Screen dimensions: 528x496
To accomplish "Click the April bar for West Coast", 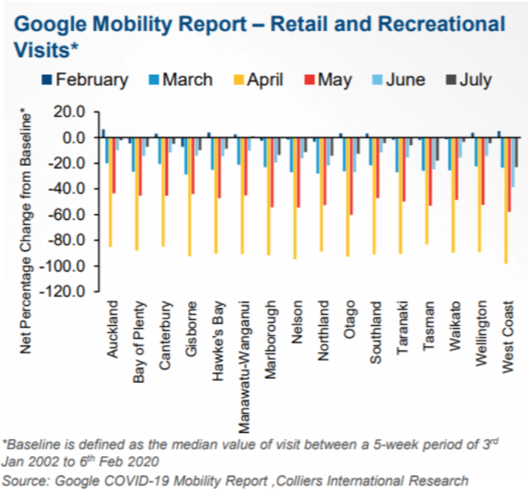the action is pyautogui.click(x=506, y=200).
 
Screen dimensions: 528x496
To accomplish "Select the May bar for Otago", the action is pyautogui.click(x=351, y=176).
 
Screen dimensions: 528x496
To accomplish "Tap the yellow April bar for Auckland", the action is pyautogui.click(x=111, y=193).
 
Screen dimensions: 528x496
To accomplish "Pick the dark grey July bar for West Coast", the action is pyautogui.click(x=516, y=152).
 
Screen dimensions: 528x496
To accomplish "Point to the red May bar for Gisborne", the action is pyautogui.click(x=193, y=165).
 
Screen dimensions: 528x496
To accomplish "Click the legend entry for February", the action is pyautogui.click(x=85, y=80).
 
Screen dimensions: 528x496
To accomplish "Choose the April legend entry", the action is pyautogui.click(x=258, y=80).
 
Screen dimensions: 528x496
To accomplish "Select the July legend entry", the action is pyautogui.click(x=469, y=80).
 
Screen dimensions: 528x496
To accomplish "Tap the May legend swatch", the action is pyautogui.click(x=309, y=80).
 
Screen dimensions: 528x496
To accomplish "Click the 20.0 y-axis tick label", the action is pyautogui.click(x=69, y=112).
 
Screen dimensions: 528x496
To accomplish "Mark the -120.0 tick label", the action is pyautogui.click(x=63, y=291).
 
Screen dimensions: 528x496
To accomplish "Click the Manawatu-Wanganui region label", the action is pyautogui.click(x=244, y=367).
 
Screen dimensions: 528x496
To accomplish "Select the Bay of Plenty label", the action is pyautogui.click(x=140, y=342).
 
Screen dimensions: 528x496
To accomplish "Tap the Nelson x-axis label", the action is pyautogui.click(x=297, y=322).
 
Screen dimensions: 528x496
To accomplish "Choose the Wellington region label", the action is pyautogui.click(x=481, y=333).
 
